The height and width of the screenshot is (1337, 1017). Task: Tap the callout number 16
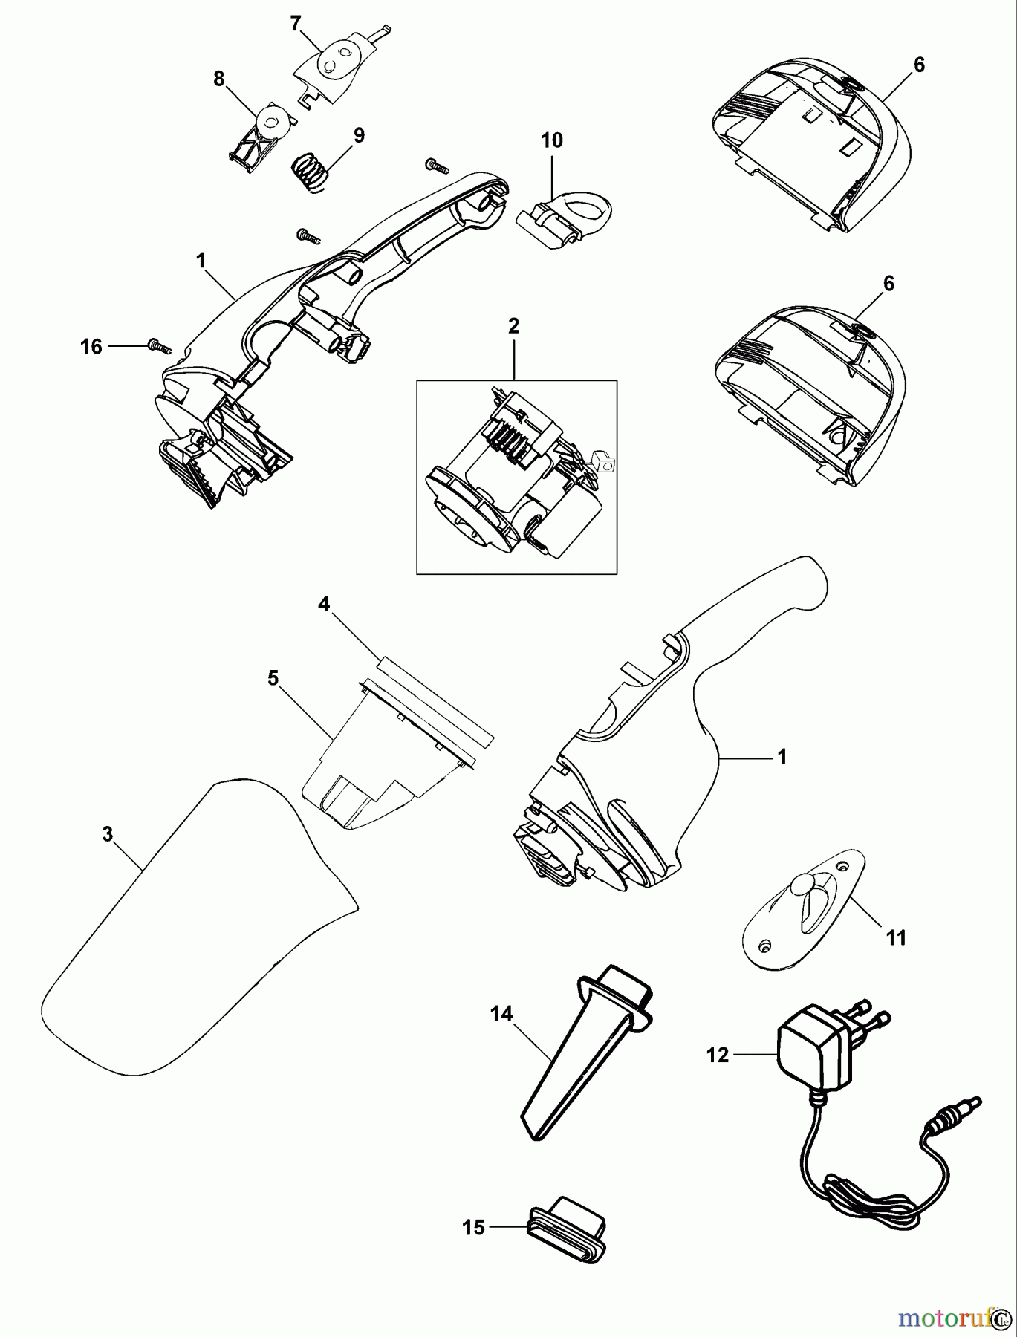[x=91, y=346]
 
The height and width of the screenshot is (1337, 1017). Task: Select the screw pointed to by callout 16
[x=159, y=345]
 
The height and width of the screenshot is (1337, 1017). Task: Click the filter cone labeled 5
[x=379, y=765]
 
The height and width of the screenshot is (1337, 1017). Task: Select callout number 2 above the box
[x=514, y=326]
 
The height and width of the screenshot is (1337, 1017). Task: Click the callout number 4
[x=323, y=605]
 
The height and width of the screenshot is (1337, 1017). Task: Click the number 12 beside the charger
[x=718, y=1054]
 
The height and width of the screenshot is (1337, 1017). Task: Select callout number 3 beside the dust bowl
[x=108, y=834]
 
